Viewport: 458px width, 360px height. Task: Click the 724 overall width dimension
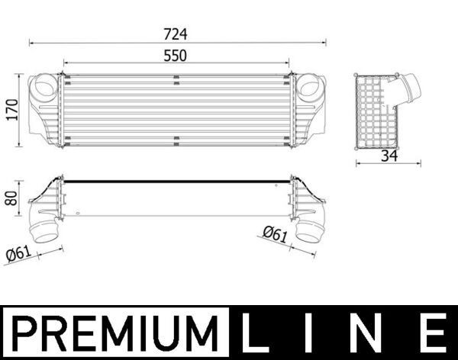click(175, 34)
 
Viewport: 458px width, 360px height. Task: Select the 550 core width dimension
click(175, 56)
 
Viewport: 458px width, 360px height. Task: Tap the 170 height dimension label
click(10, 109)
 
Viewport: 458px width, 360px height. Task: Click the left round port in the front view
click(44, 85)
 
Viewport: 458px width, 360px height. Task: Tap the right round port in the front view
click(310, 85)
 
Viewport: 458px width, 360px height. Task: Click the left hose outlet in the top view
click(45, 230)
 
